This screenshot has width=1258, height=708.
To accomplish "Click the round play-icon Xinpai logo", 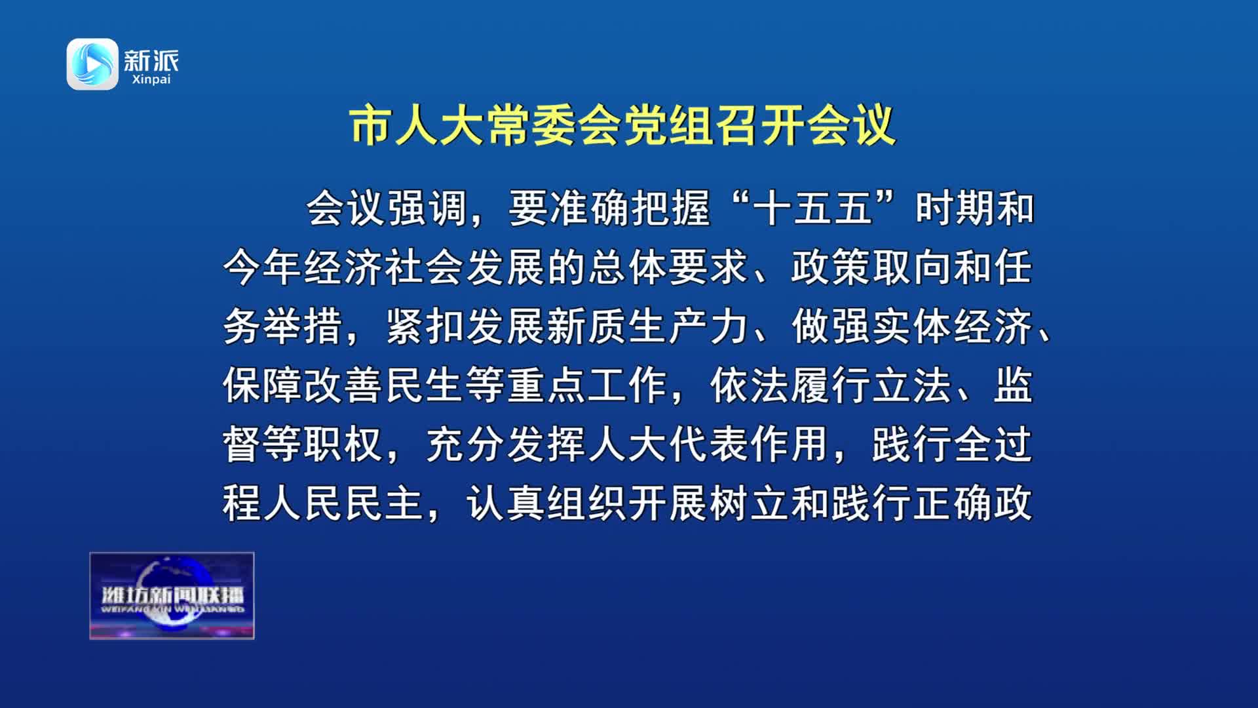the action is tap(92, 64).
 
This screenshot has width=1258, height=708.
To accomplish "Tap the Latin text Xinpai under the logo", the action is tap(151, 79).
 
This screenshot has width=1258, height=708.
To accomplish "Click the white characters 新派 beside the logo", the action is tap(151, 60).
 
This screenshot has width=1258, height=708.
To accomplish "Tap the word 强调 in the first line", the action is tap(427, 208).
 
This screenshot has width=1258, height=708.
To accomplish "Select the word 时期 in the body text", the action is tap(955, 208).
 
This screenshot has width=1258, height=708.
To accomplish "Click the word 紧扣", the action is tap(426, 326).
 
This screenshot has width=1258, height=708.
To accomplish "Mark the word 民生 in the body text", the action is tap(426, 385).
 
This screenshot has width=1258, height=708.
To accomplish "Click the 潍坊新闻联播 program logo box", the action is tap(172, 596).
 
